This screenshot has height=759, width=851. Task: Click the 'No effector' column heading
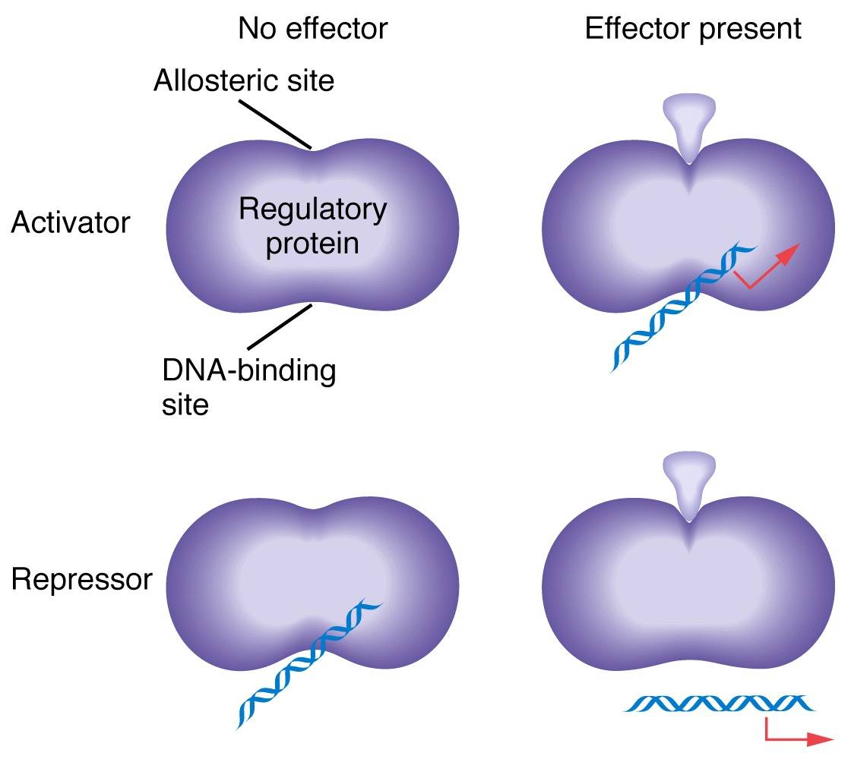[x=312, y=29]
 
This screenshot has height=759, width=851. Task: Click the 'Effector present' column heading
[x=693, y=29]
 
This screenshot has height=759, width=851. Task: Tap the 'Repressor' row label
[x=81, y=580]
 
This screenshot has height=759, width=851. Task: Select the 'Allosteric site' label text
[x=243, y=80]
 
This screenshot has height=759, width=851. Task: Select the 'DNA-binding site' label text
[x=248, y=388]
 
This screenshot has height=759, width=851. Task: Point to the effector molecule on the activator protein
[x=689, y=124]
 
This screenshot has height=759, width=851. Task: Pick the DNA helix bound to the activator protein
[x=676, y=315]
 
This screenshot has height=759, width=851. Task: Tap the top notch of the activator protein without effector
[x=312, y=150]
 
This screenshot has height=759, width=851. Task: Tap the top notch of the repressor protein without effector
[x=312, y=506]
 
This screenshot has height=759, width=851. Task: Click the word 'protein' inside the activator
[x=312, y=244]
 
